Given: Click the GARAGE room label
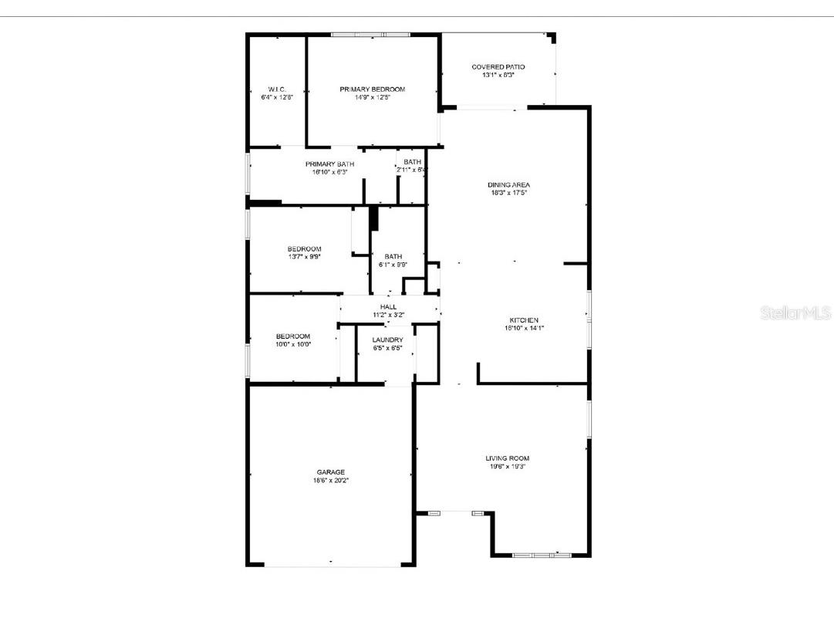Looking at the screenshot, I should coord(330,472).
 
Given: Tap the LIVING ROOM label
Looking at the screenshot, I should coord(507,458).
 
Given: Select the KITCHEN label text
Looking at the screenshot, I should coord(523,320).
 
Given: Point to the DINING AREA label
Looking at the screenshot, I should coord(508,185).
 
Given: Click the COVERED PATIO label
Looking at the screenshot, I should coord(498,67).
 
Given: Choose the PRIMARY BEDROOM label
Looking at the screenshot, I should coord(372,90).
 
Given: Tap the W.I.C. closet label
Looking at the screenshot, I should coord(277,90).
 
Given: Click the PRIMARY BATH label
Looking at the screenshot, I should coord(329,164).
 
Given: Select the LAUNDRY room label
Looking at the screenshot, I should coord(387,340).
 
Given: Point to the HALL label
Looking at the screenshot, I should coord(388,307).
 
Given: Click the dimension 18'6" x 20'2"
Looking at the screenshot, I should coord(330,481).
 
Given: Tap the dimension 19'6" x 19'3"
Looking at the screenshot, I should coord(507,467).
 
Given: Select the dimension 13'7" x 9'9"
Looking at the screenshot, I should coord(304,257).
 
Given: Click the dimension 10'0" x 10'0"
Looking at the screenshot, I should coord(293,344).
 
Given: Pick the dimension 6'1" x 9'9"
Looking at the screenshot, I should coord(393,265).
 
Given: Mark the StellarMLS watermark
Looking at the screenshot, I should coord(795,313).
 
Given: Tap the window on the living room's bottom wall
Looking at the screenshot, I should coord(542,555).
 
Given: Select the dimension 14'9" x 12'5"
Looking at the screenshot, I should coord(372,98).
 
